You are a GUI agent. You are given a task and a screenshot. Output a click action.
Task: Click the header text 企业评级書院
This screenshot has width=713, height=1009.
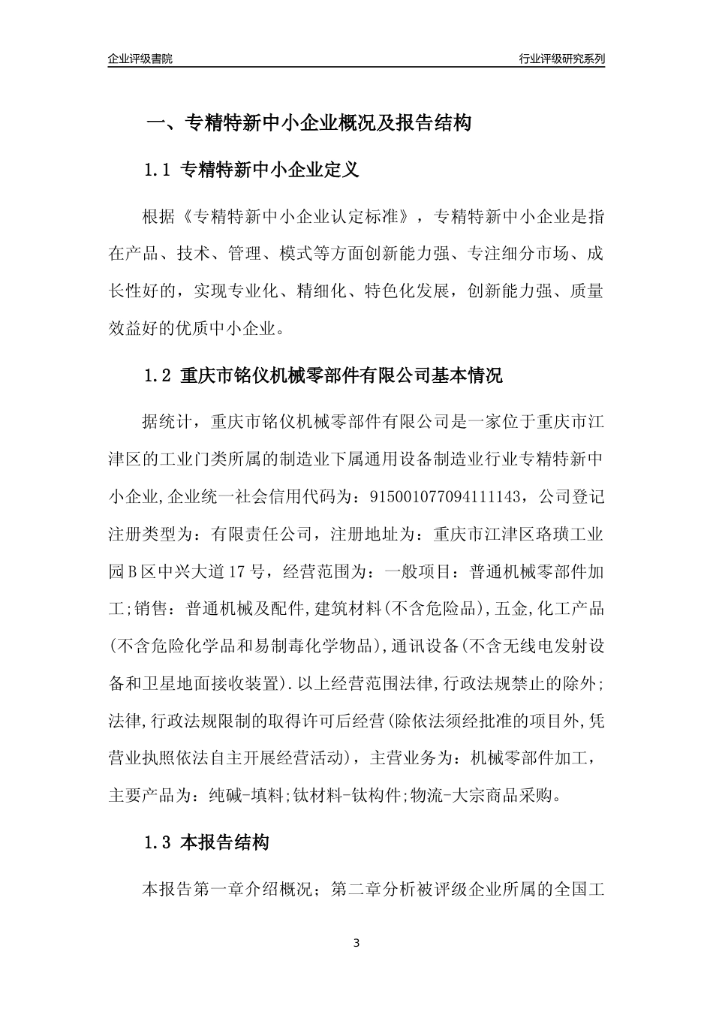tap(140, 59)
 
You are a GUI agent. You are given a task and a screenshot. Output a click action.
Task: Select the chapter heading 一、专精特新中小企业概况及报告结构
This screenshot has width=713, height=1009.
tap(308, 123)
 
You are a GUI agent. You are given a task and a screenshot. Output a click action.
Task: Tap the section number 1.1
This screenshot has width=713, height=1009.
tap(158, 170)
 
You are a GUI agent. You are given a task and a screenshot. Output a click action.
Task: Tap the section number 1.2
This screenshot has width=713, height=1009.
tap(158, 376)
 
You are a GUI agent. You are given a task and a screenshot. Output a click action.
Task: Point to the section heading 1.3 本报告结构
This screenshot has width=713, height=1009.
tap(206, 843)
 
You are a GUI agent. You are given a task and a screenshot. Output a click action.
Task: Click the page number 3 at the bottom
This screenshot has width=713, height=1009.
tap(356, 943)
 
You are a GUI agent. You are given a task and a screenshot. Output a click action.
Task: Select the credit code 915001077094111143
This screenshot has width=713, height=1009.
tap(442, 496)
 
